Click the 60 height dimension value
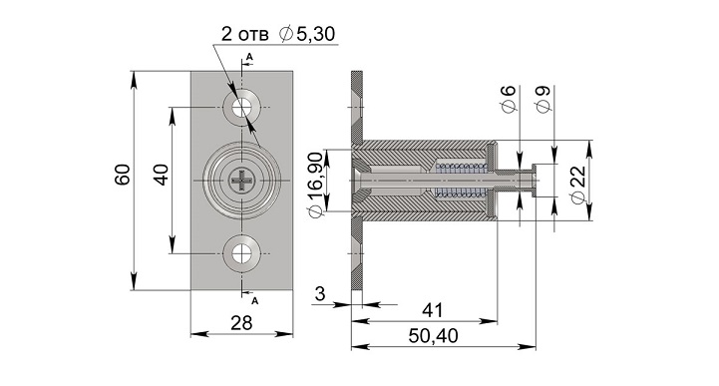pos(123,175)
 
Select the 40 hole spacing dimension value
pos(161,175)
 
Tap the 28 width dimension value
pos(241,323)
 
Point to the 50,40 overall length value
pos(433,336)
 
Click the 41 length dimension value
pos(433,310)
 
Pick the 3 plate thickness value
pos(320,294)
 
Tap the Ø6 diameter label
pos(509,99)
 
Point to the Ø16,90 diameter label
pos(315,186)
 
